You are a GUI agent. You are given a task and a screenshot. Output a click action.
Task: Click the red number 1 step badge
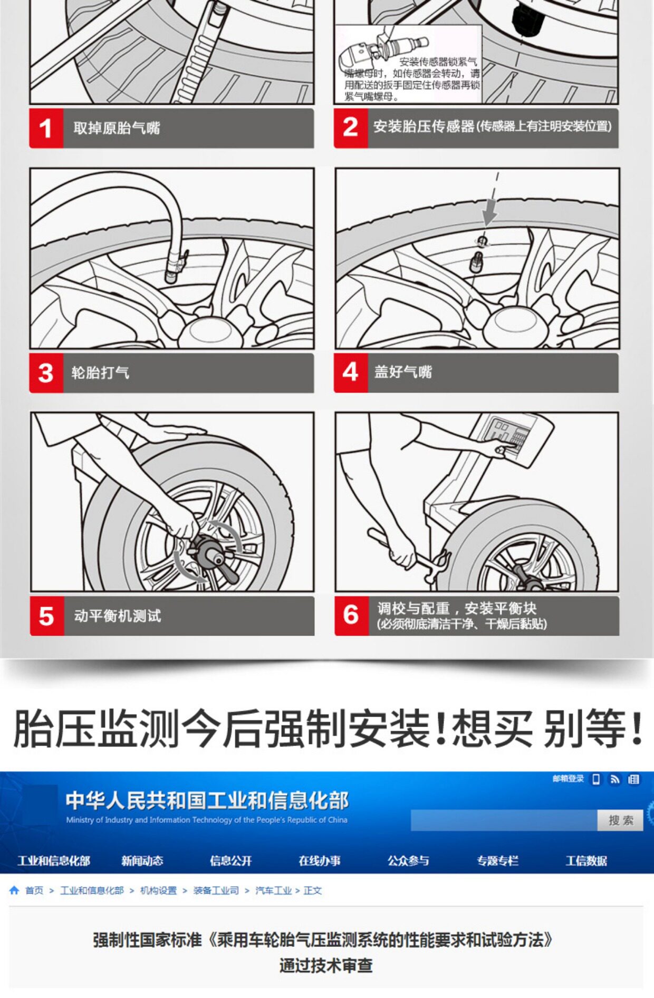coord(46,128)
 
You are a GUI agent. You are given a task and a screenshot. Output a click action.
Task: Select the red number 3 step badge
coord(46,373)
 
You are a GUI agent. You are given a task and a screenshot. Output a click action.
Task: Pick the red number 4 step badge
coord(351,373)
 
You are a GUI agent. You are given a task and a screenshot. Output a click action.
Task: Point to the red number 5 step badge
coord(47,616)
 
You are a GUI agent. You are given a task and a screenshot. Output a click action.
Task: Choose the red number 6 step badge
coord(351,616)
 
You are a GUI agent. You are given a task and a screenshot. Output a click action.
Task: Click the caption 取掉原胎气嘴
coord(117,128)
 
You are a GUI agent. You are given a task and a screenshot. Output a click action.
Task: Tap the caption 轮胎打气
coord(100,373)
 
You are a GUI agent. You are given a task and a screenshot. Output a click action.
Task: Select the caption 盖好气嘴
coord(403,372)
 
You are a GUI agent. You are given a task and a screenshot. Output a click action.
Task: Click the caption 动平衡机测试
coord(118,615)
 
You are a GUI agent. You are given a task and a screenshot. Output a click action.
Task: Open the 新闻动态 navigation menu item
coord(142,861)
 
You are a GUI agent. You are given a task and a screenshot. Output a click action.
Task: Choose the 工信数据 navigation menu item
coord(586,861)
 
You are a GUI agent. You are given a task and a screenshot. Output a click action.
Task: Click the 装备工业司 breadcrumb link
coord(216,891)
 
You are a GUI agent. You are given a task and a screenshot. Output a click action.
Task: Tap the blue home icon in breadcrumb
coord(14,890)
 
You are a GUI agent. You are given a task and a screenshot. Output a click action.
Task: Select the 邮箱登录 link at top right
coord(568,779)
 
